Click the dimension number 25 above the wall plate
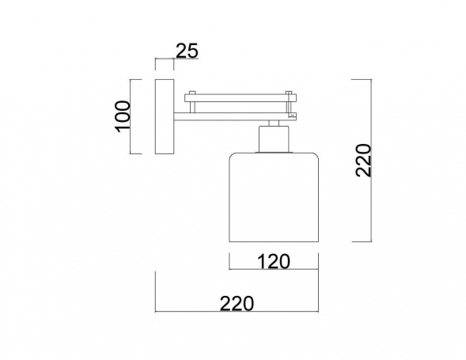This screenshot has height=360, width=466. tap(187, 51)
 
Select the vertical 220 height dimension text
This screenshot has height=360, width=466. tap(363, 161)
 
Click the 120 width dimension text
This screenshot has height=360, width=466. tap(272, 261)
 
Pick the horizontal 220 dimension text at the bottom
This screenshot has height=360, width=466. tap(236, 303)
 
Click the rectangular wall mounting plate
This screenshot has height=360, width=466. tap(165, 116)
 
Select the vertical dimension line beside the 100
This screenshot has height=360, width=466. tap(136, 116)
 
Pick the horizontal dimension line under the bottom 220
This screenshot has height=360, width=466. tap(236, 313)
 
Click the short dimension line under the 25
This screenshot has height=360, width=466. tap(165, 61)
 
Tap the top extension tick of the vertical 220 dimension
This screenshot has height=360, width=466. tap(361, 79)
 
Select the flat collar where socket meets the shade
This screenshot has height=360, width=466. tap(272, 153)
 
